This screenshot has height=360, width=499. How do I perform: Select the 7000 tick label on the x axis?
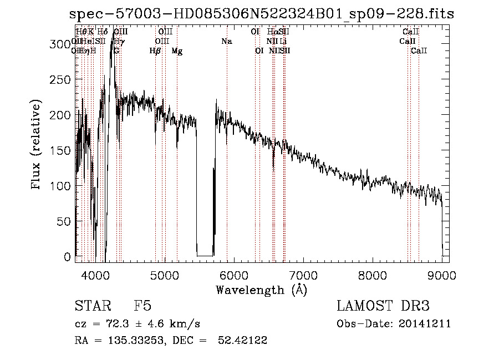(303, 275)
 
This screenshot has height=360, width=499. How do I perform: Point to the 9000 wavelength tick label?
(442, 275)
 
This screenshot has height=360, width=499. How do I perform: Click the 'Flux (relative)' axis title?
(37, 146)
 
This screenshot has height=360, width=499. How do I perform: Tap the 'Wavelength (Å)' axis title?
(261, 290)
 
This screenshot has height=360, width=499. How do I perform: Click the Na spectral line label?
(226, 42)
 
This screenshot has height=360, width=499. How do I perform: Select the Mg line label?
(177, 51)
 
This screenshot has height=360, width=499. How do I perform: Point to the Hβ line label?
(155, 51)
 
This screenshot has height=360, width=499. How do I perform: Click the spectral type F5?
(142, 306)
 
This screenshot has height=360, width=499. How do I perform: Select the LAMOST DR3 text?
(383, 306)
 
